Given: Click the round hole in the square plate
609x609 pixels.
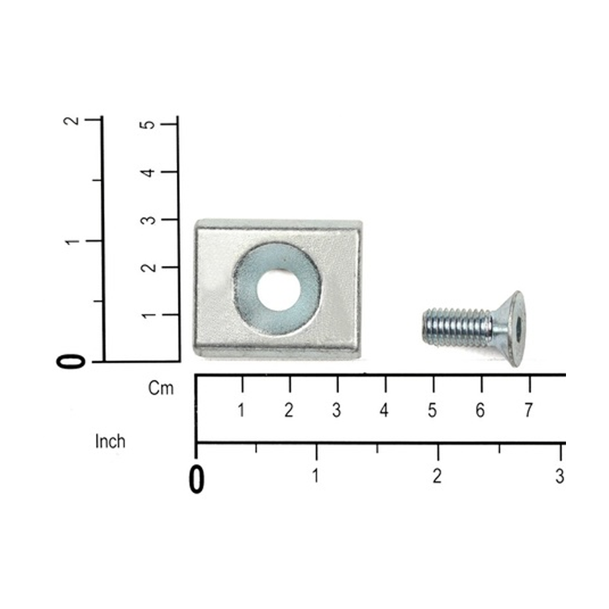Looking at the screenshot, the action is coord(279,290).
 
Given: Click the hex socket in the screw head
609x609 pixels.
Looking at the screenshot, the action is coord(520,329).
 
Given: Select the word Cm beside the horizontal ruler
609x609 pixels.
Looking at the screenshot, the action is coord(160,388).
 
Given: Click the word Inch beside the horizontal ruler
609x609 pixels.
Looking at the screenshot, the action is coord(111,442).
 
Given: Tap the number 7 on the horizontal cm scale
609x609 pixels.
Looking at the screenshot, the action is coord(528,410).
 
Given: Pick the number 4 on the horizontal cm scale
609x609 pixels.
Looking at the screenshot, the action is coord(384,410).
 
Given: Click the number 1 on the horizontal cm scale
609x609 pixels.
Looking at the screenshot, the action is coord(241,410).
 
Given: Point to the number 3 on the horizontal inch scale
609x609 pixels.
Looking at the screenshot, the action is coord(559,476).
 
